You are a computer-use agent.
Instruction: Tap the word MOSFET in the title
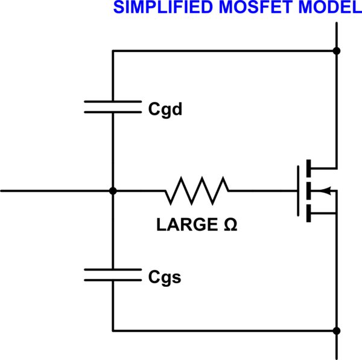click(234, 8)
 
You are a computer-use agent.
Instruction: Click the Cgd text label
click(165, 111)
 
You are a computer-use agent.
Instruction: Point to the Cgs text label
click(165, 278)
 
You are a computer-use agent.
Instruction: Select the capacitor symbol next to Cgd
click(112, 107)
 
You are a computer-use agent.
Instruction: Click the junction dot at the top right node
click(337, 51)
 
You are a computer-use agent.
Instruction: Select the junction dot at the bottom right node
click(337, 330)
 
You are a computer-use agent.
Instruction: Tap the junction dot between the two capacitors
click(112, 191)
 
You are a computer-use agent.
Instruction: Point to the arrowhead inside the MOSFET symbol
click(326, 191)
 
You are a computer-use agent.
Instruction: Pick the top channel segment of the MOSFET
click(309, 169)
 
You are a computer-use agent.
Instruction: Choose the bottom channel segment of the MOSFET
click(309, 213)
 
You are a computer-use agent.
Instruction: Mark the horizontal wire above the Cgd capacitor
click(223, 51)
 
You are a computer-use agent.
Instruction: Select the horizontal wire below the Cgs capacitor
click(223, 330)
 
